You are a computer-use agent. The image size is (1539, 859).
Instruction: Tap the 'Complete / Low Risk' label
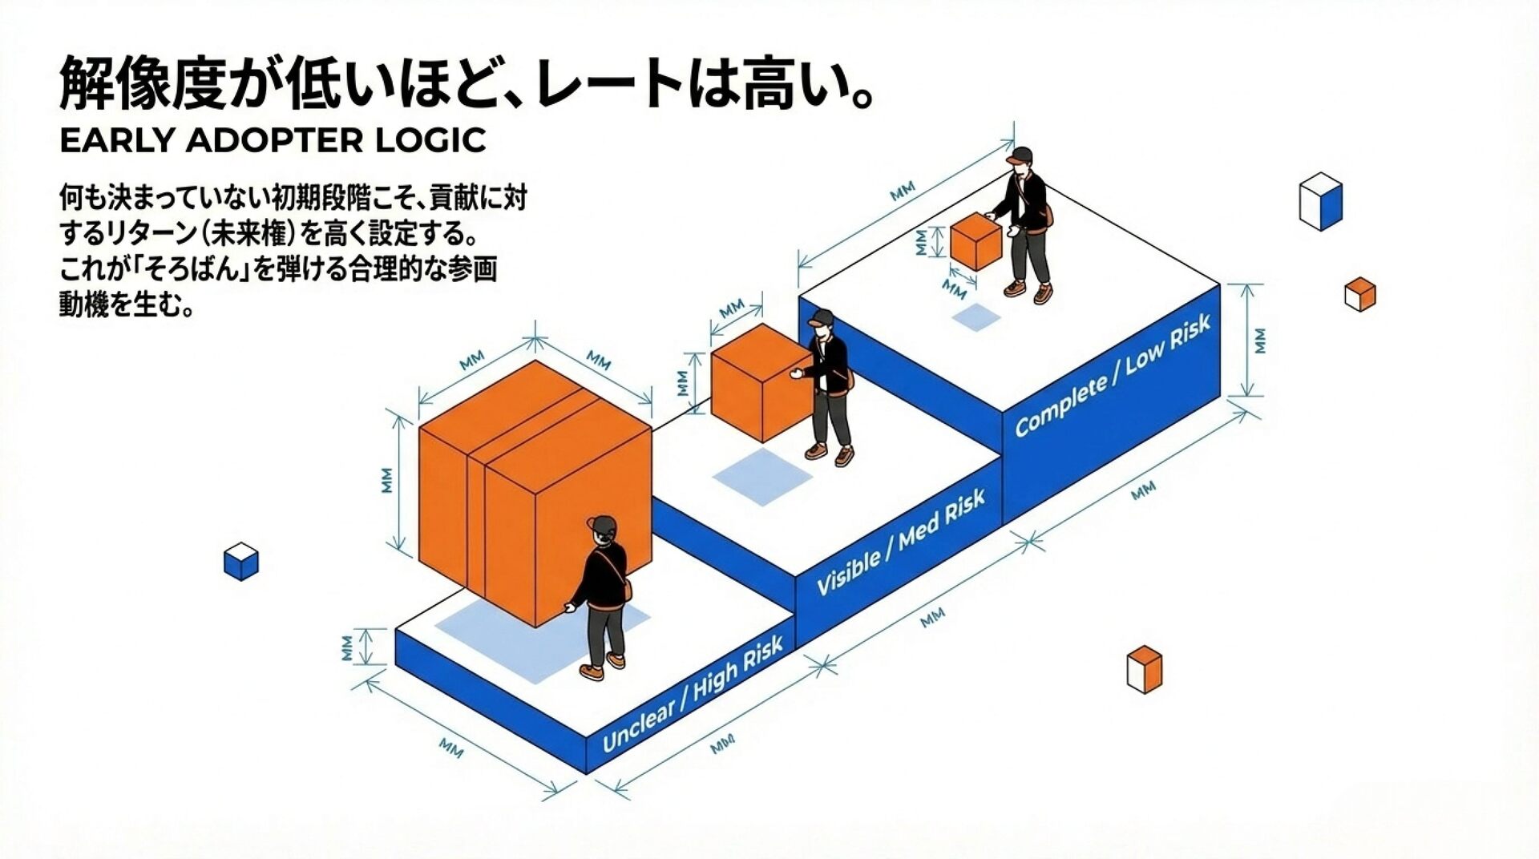coord(1112,376)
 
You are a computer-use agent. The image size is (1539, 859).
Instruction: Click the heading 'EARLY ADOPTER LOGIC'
coord(273,140)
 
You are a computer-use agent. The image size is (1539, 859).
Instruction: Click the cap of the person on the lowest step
coord(601,525)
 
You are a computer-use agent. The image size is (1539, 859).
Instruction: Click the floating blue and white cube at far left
coord(241,561)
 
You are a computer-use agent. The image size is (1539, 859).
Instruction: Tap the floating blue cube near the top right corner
coord(1320,201)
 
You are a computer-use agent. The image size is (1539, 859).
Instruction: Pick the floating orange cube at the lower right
coord(1144,669)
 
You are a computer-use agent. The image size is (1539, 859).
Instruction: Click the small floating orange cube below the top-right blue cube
coord(1359,294)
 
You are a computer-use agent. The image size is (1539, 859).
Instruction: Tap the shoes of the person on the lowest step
coord(602,667)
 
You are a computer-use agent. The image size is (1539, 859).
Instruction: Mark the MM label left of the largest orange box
coord(388,480)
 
